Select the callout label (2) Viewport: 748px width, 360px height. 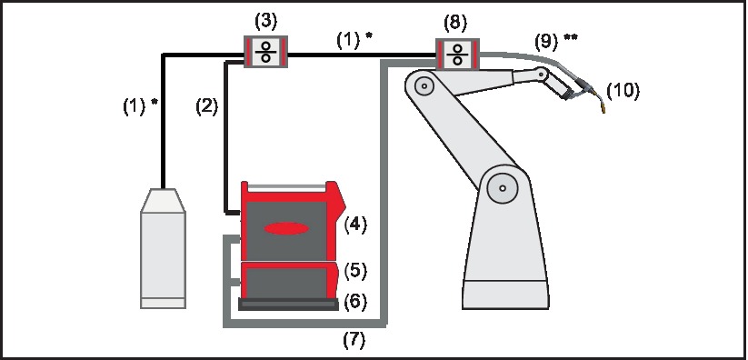coord(207,105)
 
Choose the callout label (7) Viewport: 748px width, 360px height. coord(355,341)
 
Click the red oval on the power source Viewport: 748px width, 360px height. coord(286,229)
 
